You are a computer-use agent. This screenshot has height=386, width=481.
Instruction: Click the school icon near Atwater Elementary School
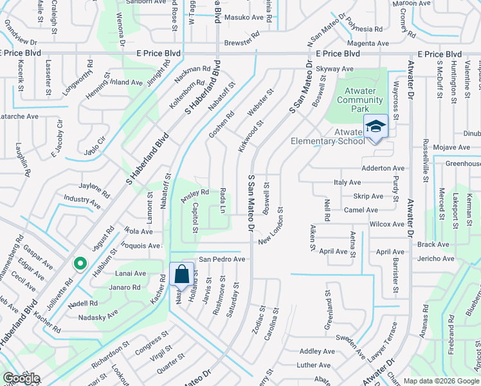click(376, 127)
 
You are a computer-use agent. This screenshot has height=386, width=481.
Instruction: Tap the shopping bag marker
click(181, 273)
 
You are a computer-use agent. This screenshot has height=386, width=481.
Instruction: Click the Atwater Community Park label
click(360, 100)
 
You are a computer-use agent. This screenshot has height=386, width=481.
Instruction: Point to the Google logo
click(21, 378)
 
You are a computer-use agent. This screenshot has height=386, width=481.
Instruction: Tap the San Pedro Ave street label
click(222, 259)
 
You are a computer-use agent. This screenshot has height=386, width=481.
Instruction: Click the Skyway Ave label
click(338, 69)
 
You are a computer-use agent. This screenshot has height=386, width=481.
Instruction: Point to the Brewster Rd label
click(242, 43)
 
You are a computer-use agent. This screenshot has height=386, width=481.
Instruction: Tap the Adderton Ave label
click(384, 168)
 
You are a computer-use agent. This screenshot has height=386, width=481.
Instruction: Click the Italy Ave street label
click(348, 183)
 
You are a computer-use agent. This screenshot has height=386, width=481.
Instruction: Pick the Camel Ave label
click(361, 210)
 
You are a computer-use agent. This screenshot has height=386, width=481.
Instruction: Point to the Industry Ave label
click(82, 203)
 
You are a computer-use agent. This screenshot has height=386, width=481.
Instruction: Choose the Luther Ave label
click(313, 365)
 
